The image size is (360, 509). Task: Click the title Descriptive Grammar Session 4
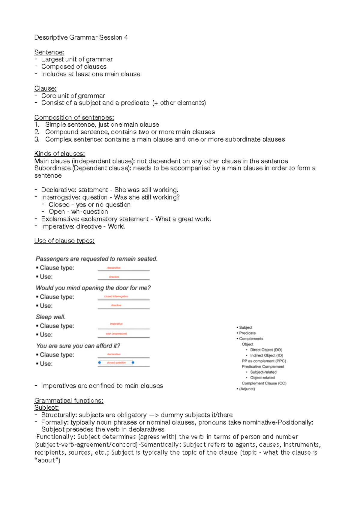click(x=81, y=38)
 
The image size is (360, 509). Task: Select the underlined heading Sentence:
click(x=49, y=52)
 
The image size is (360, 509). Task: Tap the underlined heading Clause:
click(x=45, y=89)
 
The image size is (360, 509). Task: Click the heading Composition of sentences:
click(x=74, y=118)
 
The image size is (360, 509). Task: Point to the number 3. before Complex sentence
click(x=37, y=139)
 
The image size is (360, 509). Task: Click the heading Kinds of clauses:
click(x=59, y=154)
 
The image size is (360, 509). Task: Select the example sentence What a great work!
click(x=183, y=219)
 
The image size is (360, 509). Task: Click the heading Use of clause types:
click(x=64, y=241)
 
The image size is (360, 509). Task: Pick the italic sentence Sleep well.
click(x=50, y=317)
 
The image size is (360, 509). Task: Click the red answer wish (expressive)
click(x=116, y=334)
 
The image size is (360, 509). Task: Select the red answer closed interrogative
click(x=116, y=296)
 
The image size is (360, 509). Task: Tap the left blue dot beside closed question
click(x=100, y=363)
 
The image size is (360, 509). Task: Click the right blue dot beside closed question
click(x=133, y=363)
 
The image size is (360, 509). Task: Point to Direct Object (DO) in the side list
click(x=266, y=350)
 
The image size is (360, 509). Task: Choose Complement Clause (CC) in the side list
click(x=264, y=383)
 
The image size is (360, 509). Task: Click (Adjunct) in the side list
click(x=247, y=389)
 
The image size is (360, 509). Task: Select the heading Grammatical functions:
click(x=69, y=401)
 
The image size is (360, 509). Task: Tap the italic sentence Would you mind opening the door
click(x=93, y=288)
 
